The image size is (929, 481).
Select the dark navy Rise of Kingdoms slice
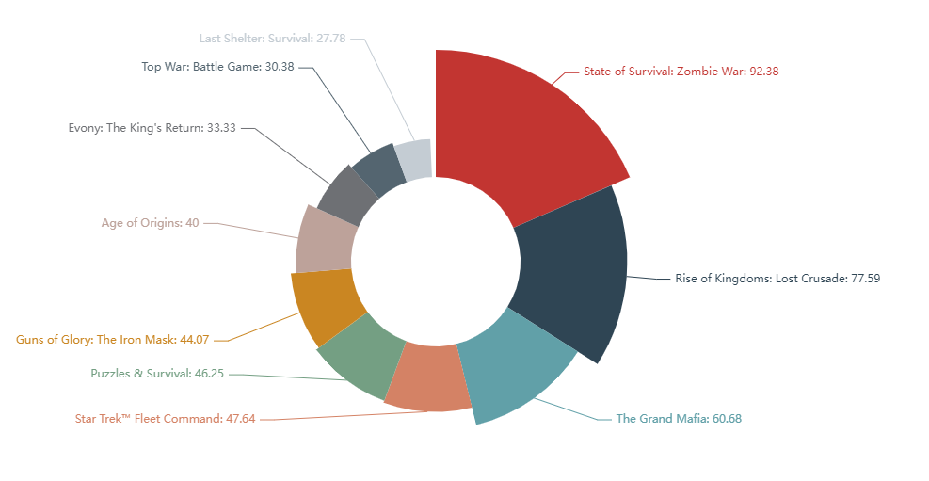(574, 273)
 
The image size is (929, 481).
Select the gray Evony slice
(341, 193)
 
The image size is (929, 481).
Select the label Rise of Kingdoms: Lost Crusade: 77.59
(777, 279)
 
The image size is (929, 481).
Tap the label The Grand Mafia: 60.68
(678, 419)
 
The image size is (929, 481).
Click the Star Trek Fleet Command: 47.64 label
(165, 419)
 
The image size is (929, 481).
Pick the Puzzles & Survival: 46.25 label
(157, 374)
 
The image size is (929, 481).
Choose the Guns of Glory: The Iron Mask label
(112, 340)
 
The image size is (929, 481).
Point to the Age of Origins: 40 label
(150, 223)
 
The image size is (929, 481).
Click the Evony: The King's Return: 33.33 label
(152, 128)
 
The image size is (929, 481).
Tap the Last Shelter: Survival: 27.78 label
(272, 39)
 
